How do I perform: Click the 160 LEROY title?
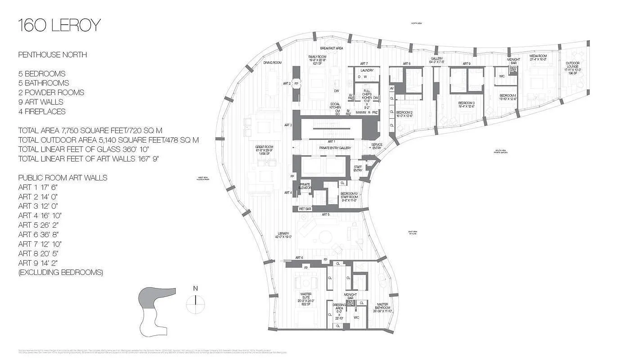click(59, 26)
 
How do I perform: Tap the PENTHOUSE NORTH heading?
click(53, 55)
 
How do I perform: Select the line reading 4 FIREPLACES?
click(42, 112)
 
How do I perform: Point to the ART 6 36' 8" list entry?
click(39, 234)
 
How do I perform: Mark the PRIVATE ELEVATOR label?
click(305, 185)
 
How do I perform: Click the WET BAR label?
click(305, 209)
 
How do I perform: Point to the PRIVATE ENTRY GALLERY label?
click(335, 148)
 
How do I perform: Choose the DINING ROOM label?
click(273, 63)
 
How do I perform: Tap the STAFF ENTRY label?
click(358, 168)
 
